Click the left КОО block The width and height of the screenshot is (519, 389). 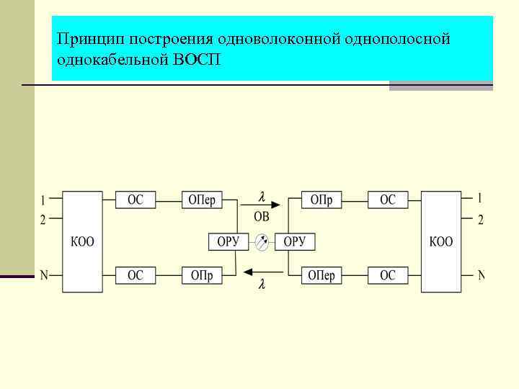(82, 241)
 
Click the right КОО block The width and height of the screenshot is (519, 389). (440, 241)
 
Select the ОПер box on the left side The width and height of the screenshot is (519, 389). (202, 200)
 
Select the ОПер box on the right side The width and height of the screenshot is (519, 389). (321, 274)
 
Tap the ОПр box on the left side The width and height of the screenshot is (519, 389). (202, 274)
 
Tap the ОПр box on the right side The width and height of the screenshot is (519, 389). (321, 200)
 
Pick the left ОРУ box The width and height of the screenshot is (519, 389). (228, 241)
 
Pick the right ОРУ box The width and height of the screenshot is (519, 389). (295, 241)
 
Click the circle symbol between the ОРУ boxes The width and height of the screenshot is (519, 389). (262, 242)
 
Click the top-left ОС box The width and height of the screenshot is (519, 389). (136, 200)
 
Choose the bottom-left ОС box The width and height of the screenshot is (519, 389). (136, 274)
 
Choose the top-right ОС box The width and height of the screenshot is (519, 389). (388, 200)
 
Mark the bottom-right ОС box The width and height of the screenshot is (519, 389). (388, 274)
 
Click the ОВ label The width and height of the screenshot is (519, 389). (262, 216)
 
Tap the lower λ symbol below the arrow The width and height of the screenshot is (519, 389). (262, 285)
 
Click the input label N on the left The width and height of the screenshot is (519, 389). (44, 274)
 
